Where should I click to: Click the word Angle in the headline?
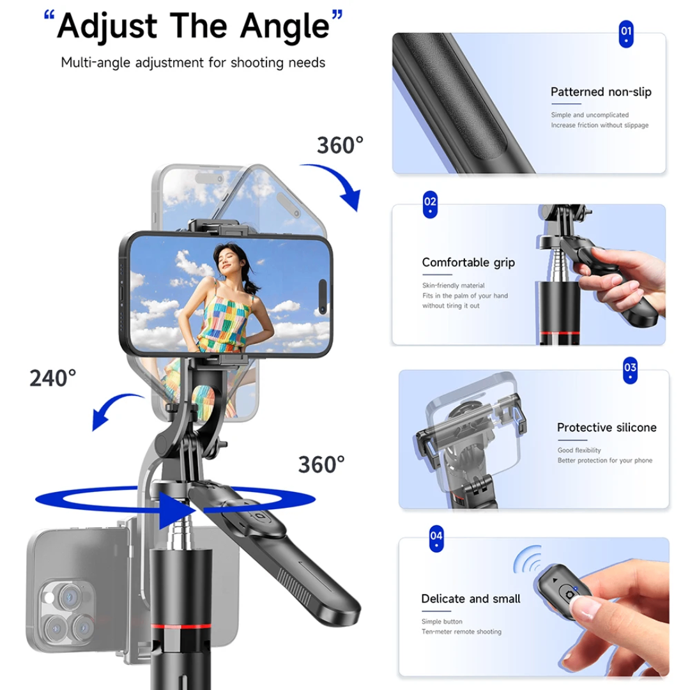[x=285, y=26]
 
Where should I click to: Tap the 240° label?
[x=53, y=378]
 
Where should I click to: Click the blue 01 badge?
[x=626, y=34]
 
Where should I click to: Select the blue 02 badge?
[x=431, y=205]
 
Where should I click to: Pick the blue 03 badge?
[x=630, y=371]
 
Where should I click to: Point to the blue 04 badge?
[x=436, y=538]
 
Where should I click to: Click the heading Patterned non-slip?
[x=601, y=92]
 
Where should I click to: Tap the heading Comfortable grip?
[x=468, y=263]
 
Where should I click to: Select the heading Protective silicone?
[x=606, y=427]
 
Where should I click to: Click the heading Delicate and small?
[x=471, y=599]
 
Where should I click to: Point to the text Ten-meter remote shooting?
[x=461, y=632]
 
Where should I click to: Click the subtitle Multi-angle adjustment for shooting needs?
[x=193, y=63]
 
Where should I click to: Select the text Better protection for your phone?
[x=604, y=461]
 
